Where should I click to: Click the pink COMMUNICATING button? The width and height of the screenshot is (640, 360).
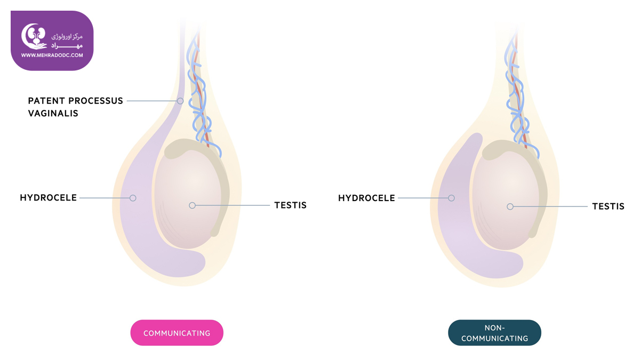tap(177, 333)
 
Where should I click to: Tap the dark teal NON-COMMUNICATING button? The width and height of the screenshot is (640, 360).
tap(494, 333)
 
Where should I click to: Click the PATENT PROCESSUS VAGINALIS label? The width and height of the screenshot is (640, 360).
tap(75, 107)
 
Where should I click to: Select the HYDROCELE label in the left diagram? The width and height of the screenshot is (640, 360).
tap(49, 198)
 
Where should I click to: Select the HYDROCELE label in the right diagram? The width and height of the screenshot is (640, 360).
tap(366, 198)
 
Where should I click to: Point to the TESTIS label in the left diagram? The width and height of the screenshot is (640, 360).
tap(290, 205)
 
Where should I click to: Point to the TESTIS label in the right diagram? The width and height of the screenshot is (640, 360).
tap(609, 206)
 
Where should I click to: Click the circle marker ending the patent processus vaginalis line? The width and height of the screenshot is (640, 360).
tap(180, 101)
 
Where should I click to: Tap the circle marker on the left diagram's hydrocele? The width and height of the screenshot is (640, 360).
tap(133, 198)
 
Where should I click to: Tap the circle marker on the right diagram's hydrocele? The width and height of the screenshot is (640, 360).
tap(451, 198)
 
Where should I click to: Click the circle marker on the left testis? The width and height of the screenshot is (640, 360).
tap(193, 205)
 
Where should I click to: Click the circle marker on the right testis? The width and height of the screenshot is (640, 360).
tap(510, 206)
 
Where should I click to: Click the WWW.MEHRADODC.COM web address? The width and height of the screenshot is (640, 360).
tap(52, 55)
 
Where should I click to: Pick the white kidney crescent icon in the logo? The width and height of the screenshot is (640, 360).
tap(34, 36)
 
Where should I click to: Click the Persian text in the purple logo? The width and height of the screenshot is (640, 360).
tap(67, 41)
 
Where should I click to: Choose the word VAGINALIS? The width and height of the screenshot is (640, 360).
tap(53, 114)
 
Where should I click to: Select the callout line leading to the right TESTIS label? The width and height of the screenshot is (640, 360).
tap(550, 206)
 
